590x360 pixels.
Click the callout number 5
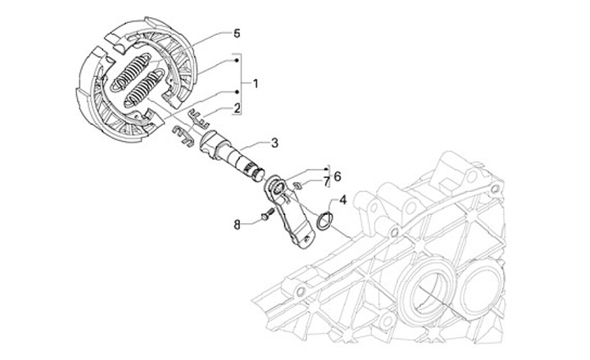click(x=237, y=34)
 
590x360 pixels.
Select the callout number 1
click(x=256, y=84)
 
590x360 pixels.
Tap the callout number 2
click(x=237, y=108)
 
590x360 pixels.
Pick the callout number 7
click(x=325, y=180)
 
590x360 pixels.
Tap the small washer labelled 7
click(x=301, y=185)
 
